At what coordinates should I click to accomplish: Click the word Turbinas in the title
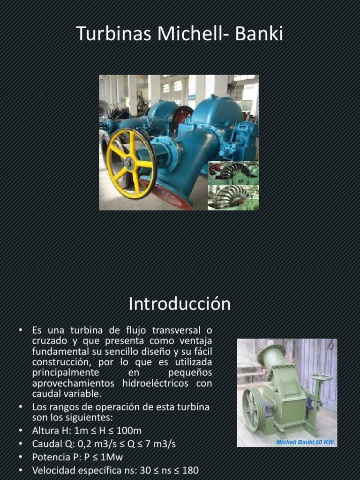[x=112, y=34]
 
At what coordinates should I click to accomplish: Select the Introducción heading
[x=180, y=304]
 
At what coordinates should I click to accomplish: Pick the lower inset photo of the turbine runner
[x=233, y=197]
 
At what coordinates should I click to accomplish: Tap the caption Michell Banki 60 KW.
[x=305, y=442]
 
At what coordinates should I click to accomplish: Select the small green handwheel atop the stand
[x=321, y=377]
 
